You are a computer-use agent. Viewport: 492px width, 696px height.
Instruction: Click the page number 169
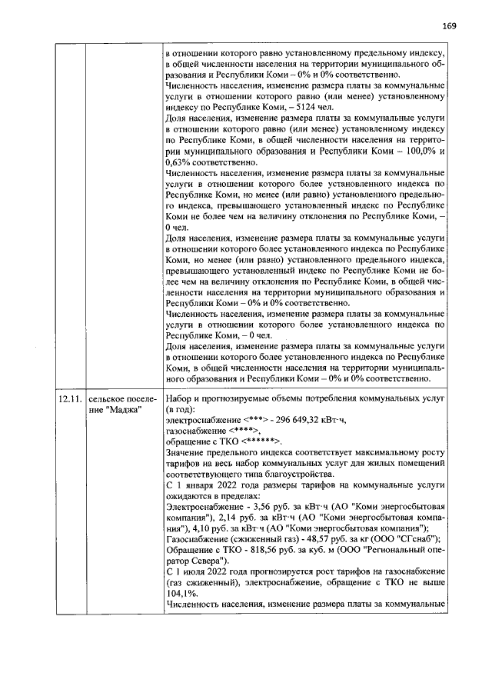(x=449, y=25)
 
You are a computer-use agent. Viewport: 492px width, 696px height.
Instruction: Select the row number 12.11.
(x=69, y=401)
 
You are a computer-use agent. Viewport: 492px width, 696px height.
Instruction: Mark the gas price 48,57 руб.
(x=313, y=538)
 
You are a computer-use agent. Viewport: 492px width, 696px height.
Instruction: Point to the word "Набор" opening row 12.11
(x=180, y=400)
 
